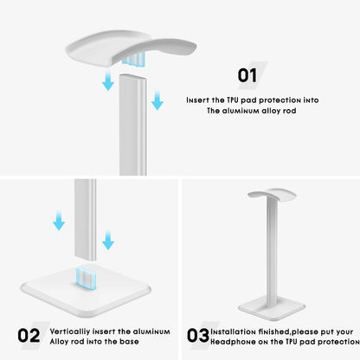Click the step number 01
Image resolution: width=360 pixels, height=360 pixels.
tap(247, 75)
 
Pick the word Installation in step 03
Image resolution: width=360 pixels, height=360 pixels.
tap(234, 331)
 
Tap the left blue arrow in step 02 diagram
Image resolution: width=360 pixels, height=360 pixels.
tap(59, 221)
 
